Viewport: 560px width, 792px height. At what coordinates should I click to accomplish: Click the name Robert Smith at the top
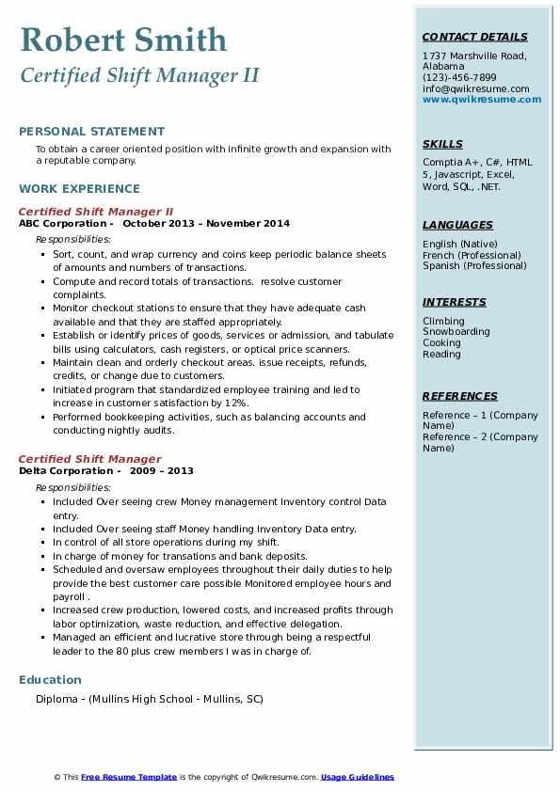point(123,40)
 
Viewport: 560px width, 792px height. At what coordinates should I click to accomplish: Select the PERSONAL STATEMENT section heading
point(91,132)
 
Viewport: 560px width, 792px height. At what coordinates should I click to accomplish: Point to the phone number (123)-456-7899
point(459,78)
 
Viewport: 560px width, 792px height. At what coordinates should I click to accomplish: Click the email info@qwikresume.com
point(475,88)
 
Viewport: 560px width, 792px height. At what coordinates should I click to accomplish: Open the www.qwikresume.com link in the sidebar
point(482,99)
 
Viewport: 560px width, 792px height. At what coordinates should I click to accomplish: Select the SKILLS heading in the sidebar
point(442,144)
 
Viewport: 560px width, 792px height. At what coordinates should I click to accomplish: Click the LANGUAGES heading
point(457,225)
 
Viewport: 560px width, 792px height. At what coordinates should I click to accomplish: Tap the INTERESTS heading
point(455,302)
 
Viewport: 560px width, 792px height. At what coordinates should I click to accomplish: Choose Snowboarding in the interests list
point(456,332)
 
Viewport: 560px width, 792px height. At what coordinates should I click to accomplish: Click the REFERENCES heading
point(460,396)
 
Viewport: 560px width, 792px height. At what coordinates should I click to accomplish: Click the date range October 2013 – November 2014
point(206,224)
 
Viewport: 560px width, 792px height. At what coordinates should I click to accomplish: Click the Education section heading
point(50,679)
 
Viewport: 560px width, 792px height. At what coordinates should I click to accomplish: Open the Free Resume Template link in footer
point(129,777)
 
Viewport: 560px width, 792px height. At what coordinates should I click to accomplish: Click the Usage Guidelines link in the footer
point(358,777)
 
